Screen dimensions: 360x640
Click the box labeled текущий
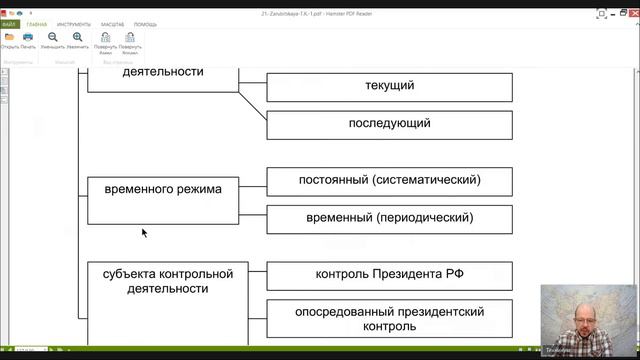click(390, 86)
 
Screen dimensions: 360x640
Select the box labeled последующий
click(390, 124)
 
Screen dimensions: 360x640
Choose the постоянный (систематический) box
click(390, 181)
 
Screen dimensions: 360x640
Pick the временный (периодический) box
click(390, 218)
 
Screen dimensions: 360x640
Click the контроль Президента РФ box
click(390, 275)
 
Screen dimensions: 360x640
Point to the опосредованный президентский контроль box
click(390, 318)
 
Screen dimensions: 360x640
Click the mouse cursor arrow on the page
click(144, 232)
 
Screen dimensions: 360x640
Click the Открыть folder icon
click(10, 38)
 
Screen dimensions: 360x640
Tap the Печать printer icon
click(27, 38)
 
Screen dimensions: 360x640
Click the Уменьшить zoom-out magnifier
click(53, 38)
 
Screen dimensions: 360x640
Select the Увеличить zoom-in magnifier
click(77, 38)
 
